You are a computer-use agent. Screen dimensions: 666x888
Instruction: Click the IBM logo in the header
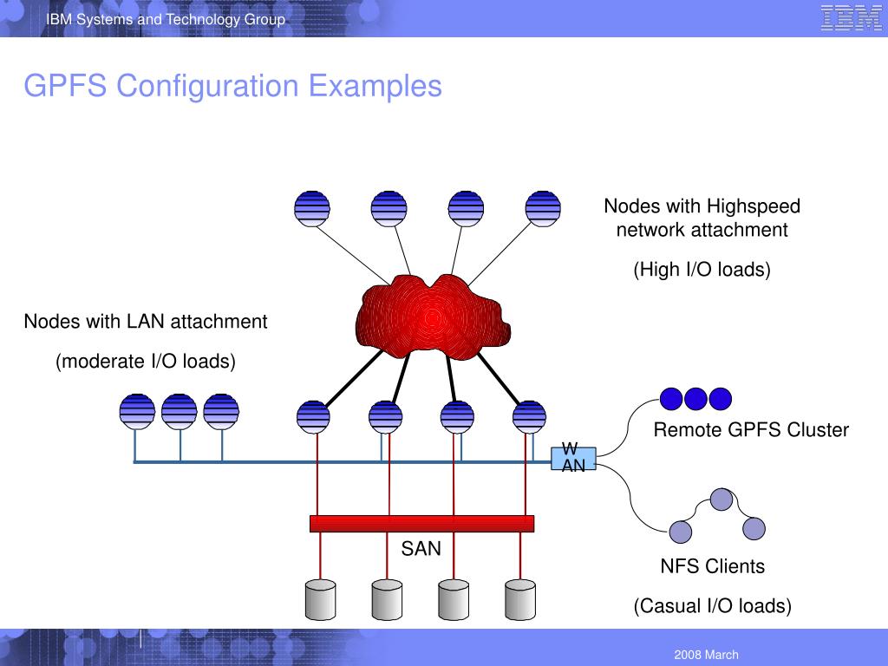[851, 18]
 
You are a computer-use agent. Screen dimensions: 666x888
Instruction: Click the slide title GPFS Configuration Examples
[232, 86]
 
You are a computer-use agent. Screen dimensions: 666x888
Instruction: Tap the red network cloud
[428, 317]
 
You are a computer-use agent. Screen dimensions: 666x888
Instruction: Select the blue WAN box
[573, 458]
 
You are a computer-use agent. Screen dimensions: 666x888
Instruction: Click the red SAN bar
[421, 523]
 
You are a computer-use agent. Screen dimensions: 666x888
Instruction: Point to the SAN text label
[421, 548]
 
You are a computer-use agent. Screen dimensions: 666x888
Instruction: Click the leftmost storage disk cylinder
[321, 597]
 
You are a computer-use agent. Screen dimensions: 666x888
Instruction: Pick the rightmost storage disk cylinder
[519, 597]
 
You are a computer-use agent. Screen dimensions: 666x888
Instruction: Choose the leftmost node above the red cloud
[312, 208]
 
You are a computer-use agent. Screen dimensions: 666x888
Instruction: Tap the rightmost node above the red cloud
[544, 208]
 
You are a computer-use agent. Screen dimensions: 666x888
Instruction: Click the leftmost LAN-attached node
[137, 411]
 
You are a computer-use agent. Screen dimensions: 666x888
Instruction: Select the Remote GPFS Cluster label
[751, 430]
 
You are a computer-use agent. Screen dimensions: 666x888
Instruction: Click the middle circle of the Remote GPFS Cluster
[696, 398]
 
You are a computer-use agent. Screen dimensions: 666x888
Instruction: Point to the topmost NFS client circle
[721, 499]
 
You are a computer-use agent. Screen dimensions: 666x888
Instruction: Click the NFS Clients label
[713, 566]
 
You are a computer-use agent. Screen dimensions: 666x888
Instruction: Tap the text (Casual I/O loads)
[712, 605]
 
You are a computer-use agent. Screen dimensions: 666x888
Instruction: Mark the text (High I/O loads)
[702, 270]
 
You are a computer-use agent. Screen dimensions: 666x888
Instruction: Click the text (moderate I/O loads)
[146, 361]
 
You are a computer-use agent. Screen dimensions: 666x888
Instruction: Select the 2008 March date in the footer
[706, 655]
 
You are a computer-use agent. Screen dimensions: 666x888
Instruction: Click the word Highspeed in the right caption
[753, 206]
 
